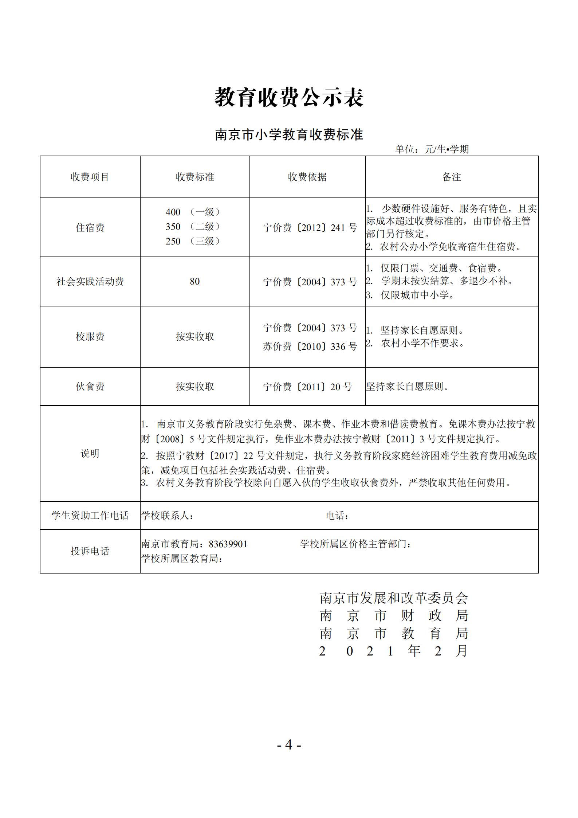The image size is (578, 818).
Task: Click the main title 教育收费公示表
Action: (289, 97)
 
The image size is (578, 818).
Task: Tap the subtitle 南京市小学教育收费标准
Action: (289, 135)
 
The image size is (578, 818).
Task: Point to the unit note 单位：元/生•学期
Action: (432, 149)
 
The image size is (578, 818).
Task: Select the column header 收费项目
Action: (90, 177)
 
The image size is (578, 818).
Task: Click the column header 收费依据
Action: (307, 177)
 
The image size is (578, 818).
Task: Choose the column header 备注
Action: (452, 177)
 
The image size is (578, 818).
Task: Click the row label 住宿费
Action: (90, 228)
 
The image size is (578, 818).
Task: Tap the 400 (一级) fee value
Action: (193, 212)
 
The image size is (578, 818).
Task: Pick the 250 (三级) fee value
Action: (193, 241)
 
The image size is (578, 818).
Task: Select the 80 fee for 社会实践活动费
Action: (195, 281)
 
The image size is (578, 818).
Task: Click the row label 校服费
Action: (90, 336)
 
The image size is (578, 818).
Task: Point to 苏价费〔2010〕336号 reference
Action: (310, 346)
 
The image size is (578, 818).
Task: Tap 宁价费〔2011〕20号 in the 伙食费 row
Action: (308, 387)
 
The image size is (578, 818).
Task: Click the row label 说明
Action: (90, 454)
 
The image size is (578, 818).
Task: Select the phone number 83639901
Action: (228, 544)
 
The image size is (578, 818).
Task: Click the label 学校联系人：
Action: (168, 516)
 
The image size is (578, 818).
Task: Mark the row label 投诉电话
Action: (90, 551)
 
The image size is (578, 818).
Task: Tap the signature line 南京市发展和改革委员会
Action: (394, 598)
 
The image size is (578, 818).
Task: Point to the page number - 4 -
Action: (289, 745)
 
